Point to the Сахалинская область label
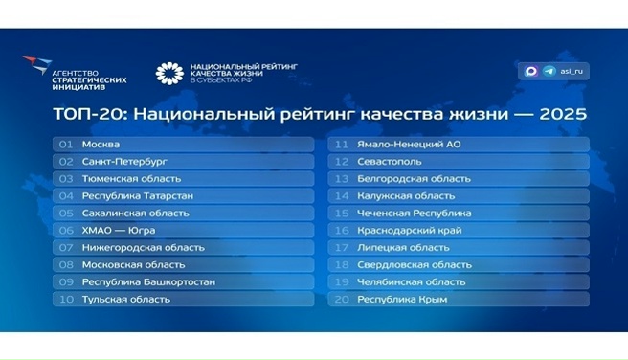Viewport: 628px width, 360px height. (x=136, y=214)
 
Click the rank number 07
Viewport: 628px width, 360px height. (x=66, y=248)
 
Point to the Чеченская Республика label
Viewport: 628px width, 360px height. (x=414, y=214)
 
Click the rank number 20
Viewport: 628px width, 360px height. (x=340, y=300)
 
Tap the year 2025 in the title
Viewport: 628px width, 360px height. (x=563, y=114)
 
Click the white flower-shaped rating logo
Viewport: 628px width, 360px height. (x=168, y=73)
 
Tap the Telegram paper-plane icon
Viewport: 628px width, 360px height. (x=549, y=70)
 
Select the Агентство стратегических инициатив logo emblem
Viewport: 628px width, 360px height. (x=37, y=67)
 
